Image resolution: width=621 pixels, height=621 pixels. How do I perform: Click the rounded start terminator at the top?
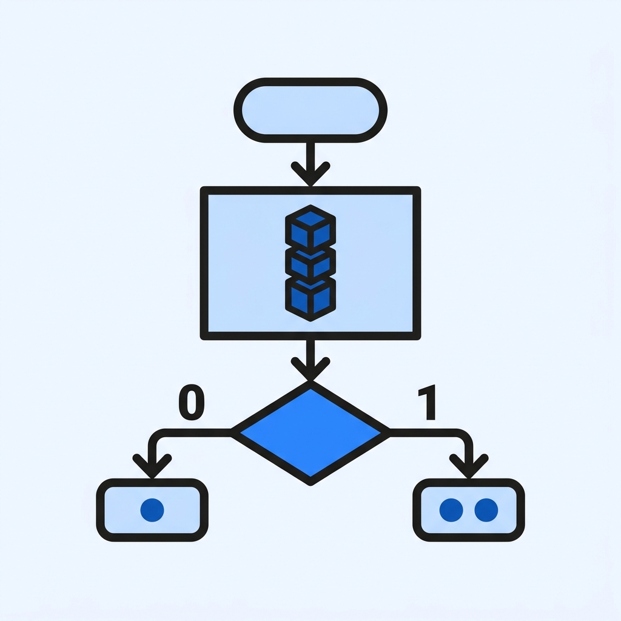(x=310, y=110)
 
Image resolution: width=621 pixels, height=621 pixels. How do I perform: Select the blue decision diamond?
(x=310, y=433)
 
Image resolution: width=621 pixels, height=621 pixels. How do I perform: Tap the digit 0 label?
(x=192, y=402)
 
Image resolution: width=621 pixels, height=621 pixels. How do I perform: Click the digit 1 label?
(x=428, y=402)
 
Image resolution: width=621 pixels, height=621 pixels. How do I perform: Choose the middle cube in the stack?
(x=310, y=263)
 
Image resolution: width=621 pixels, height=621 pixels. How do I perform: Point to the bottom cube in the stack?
(x=310, y=299)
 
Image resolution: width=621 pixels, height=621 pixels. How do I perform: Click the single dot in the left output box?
(x=152, y=509)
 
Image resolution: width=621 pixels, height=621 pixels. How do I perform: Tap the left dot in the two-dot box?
(x=451, y=509)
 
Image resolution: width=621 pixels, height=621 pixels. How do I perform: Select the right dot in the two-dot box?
(x=486, y=509)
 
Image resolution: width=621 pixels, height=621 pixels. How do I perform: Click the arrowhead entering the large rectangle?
(x=310, y=174)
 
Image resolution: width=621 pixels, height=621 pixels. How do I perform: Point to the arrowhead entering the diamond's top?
(x=310, y=369)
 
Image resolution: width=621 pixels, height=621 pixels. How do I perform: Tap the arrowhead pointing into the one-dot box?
(x=152, y=466)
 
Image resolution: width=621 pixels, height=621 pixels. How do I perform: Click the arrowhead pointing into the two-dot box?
(x=469, y=466)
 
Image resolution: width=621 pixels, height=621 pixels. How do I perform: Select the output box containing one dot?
(x=152, y=509)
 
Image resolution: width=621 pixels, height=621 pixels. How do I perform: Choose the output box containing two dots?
(x=469, y=509)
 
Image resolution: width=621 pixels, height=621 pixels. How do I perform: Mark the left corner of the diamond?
(x=231, y=433)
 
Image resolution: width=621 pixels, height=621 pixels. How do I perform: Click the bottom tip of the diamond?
(x=310, y=485)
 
